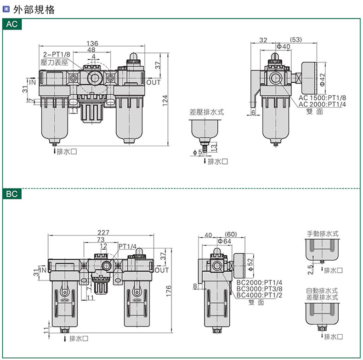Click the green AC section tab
(x=12, y=24)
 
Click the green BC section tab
(x=12, y=194)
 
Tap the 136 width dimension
(x=92, y=43)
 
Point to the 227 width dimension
(x=103, y=232)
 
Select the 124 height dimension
(x=165, y=101)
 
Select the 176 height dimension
(x=169, y=291)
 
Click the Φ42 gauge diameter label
(x=323, y=80)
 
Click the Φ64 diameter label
(x=225, y=241)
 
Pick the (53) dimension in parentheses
(x=296, y=40)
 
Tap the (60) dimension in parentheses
(x=231, y=234)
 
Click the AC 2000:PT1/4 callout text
(x=322, y=104)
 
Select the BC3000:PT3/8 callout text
(x=259, y=289)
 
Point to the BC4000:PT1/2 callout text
(x=259, y=295)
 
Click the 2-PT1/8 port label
(x=57, y=54)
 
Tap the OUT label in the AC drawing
(x=153, y=82)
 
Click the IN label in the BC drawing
(x=43, y=270)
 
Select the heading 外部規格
(x=34, y=10)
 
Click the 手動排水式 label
(x=323, y=234)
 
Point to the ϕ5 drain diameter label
(x=198, y=153)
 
